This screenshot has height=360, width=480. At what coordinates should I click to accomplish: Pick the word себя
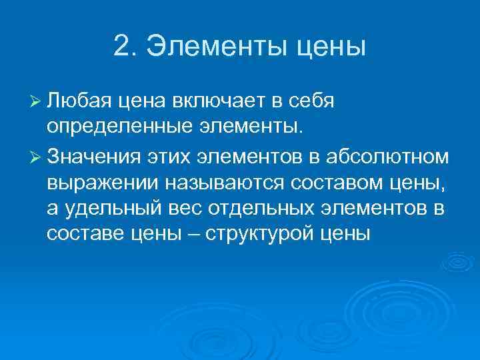[x=316, y=101]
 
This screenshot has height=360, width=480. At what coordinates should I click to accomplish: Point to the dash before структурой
[x=189, y=235]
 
